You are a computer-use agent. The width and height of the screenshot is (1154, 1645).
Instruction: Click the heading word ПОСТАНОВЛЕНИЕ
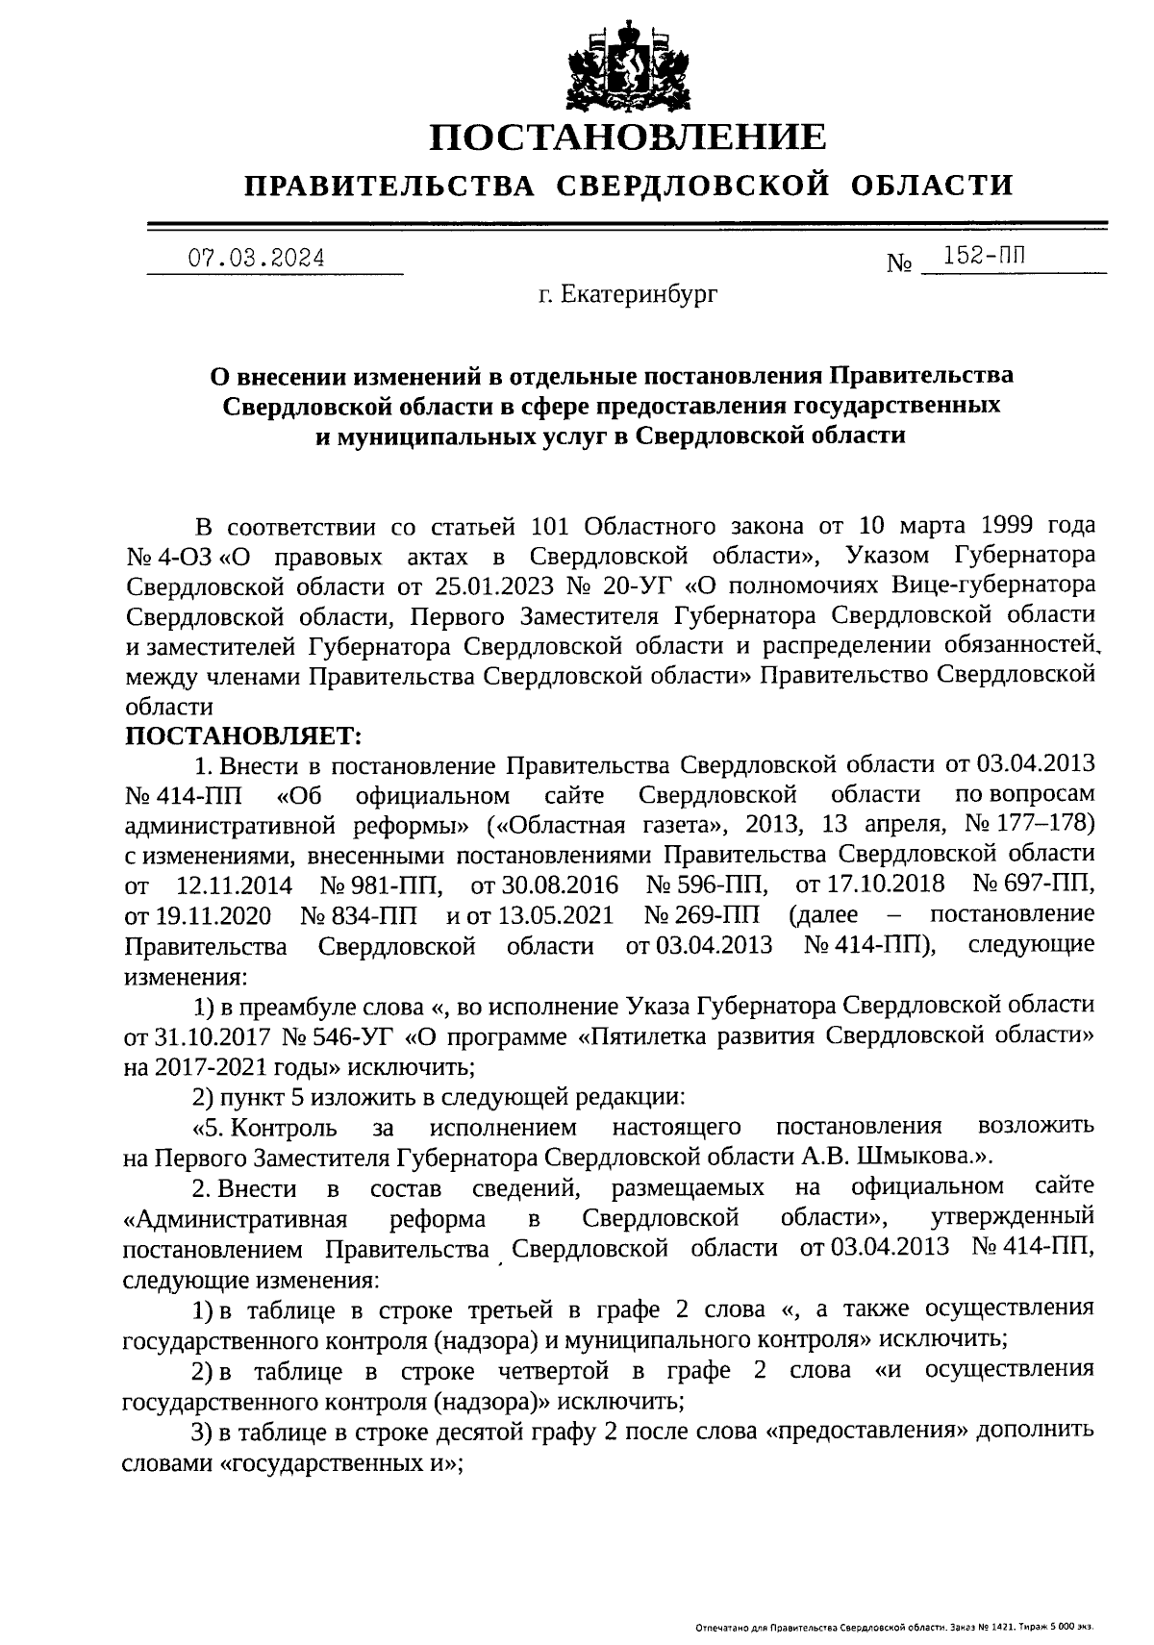click(x=627, y=137)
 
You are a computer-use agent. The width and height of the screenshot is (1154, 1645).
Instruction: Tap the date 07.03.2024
click(x=256, y=258)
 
